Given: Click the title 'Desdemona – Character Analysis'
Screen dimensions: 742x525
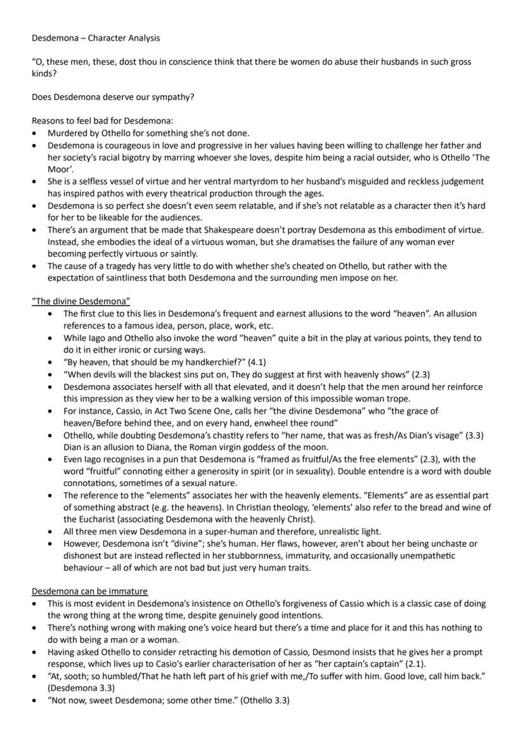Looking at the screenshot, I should point(96,38).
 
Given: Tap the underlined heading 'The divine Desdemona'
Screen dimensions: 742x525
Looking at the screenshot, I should point(81,301).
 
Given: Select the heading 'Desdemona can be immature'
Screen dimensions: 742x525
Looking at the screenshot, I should point(89,591).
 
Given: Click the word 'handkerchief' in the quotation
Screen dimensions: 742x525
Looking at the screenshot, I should point(193,362).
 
